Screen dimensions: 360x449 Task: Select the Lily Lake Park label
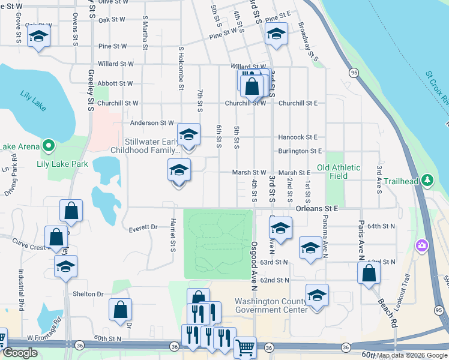point(62,164)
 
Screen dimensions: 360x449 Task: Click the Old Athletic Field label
point(339,172)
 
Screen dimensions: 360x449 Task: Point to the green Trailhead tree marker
point(427,179)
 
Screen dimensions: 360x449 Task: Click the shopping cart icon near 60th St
point(245,347)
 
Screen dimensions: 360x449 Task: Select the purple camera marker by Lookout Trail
point(422,245)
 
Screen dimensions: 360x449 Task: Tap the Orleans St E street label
point(318,208)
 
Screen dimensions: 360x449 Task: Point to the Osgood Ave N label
point(255,263)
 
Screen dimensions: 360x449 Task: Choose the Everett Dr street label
point(143,228)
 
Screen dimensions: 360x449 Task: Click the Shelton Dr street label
point(88,294)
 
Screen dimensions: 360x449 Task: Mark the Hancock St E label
point(297,137)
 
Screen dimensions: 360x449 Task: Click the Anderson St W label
point(152,124)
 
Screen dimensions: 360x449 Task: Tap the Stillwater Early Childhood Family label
point(145,146)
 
